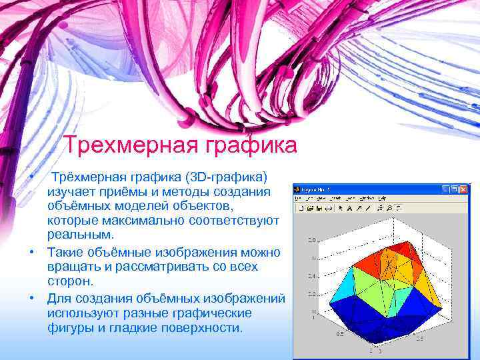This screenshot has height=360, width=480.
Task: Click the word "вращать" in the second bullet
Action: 71,266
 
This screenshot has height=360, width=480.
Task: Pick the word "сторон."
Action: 70,281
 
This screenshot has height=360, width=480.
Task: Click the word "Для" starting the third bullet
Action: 58,298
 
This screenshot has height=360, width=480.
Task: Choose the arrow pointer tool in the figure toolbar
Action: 341,208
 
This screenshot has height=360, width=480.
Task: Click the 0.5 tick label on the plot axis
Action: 340,333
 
